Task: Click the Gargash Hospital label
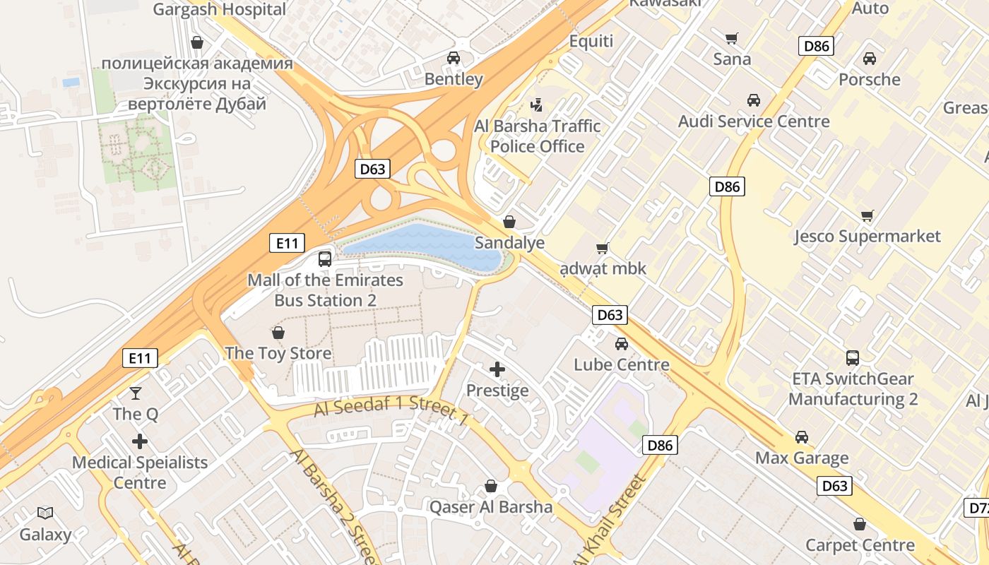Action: pos(220,9)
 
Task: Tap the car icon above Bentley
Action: pos(454,58)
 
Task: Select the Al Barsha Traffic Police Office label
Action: pos(537,136)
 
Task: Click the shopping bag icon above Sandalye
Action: pos(509,222)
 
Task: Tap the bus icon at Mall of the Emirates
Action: pos(325,258)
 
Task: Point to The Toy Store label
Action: pos(278,353)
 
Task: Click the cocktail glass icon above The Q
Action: pos(136,393)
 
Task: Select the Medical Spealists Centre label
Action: pos(140,472)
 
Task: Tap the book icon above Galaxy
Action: pos(45,513)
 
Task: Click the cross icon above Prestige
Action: pos(497,369)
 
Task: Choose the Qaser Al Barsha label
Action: pos(491,506)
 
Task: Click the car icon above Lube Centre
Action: pos(622,344)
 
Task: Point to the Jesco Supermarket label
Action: pos(867,236)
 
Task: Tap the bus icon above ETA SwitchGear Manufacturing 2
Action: pos(853,357)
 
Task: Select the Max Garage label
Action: pos(802,458)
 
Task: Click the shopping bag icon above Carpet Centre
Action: pos(860,524)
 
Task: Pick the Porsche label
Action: pos(870,79)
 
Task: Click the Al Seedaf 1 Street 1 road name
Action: pos(391,414)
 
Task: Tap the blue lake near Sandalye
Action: pos(424,244)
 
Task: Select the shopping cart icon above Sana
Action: pos(732,38)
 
